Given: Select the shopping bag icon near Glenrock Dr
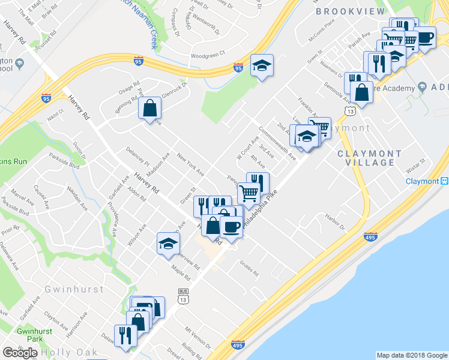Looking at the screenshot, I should [x=149, y=109].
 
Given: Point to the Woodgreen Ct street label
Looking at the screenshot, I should [x=207, y=52].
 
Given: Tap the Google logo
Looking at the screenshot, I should [x=20, y=352].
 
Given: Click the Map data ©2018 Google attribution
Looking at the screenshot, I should [x=411, y=355].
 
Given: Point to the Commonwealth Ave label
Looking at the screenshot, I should [x=277, y=143].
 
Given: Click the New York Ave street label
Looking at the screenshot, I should [x=191, y=164].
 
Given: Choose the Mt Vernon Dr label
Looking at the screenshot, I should [x=197, y=338].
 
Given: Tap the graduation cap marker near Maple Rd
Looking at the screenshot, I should [x=168, y=244].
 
